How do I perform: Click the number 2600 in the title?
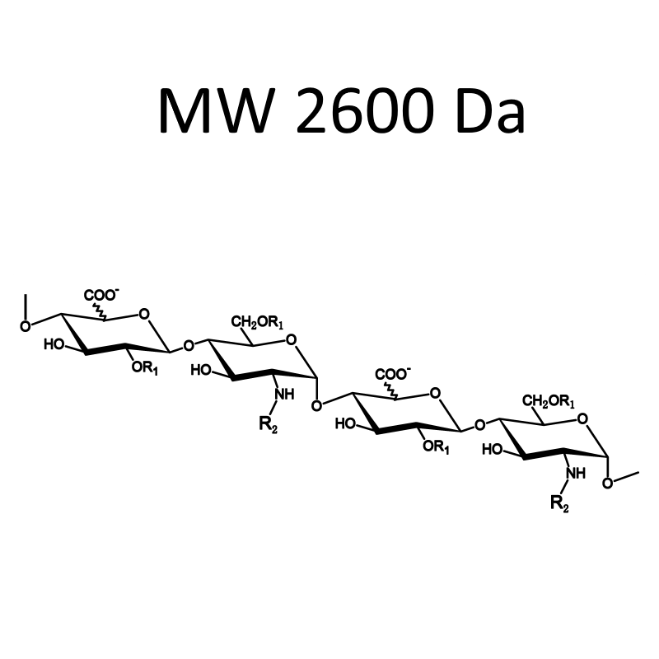point(365,110)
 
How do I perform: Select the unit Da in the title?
point(491,110)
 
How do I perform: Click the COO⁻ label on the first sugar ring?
point(101,295)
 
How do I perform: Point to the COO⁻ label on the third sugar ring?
point(393,374)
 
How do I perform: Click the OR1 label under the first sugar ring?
point(145,368)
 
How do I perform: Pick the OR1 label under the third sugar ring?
point(437,446)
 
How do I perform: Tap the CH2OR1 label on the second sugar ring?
point(257,323)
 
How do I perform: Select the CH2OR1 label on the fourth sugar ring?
point(549,402)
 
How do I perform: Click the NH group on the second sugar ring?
point(284,395)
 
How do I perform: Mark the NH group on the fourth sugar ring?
point(576,473)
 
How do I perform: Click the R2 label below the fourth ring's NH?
point(560,504)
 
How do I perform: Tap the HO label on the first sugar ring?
point(54,345)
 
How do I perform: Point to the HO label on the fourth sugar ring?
point(492,450)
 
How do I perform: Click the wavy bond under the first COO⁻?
point(100,311)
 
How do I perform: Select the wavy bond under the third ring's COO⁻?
point(391,390)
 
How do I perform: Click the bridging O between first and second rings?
point(189,346)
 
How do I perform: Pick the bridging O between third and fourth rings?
point(480,425)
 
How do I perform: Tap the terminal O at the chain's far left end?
point(26,326)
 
